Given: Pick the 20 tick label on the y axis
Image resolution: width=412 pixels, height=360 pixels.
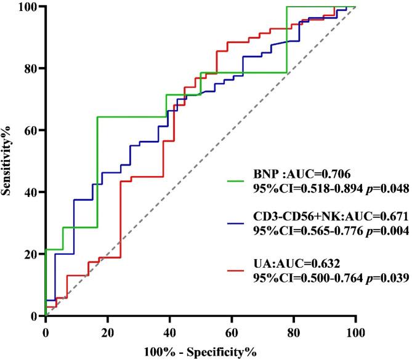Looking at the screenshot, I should point(31,254).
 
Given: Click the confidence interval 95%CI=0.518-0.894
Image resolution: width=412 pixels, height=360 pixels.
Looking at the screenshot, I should point(306,190).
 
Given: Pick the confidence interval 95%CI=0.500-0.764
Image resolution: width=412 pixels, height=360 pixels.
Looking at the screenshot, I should point(306,278).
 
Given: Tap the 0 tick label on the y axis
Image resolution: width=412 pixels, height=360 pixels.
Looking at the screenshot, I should point(36,316).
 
